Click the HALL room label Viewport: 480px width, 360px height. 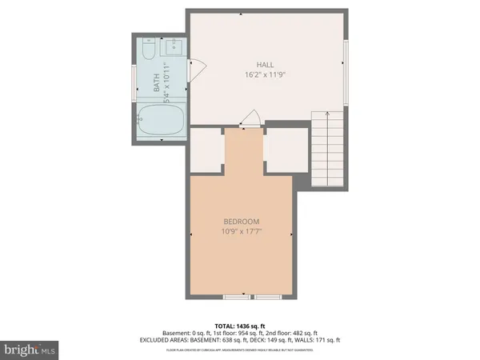point(266,65)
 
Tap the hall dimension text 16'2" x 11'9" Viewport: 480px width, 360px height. point(266,74)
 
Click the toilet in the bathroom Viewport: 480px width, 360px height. point(148,52)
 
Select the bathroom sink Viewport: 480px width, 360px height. point(174,50)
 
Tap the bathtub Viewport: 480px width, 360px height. point(161,119)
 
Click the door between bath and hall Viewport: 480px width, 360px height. point(196,71)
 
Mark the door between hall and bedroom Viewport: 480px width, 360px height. point(250,120)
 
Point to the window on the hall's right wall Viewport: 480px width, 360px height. point(346,72)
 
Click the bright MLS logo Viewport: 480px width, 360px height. point(30,349)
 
